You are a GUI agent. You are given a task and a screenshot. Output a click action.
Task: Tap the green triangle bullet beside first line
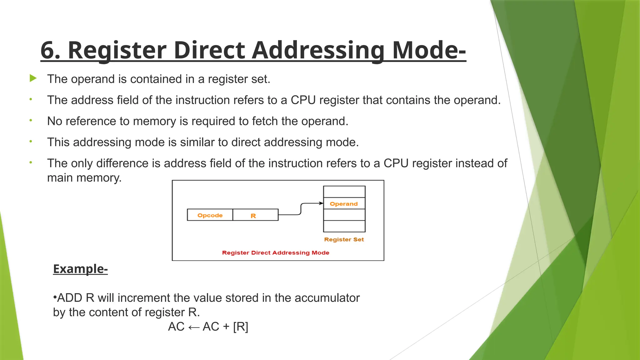coord(33,78)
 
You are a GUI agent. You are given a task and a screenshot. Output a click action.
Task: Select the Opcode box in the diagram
coord(210,215)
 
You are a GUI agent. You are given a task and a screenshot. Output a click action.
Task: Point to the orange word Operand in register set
coord(344,204)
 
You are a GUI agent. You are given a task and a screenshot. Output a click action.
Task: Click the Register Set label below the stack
coord(344,239)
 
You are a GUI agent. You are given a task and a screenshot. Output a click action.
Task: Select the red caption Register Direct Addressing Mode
coord(276,252)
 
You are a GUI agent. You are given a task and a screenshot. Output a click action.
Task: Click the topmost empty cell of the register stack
coord(344,192)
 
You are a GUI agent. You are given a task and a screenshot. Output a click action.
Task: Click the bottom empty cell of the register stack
coord(344,226)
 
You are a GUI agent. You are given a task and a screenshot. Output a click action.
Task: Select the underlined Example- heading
coord(80,269)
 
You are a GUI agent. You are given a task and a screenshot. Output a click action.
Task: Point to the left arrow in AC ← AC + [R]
coord(194,327)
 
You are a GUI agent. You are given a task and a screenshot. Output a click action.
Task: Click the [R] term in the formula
coord(241,327)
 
